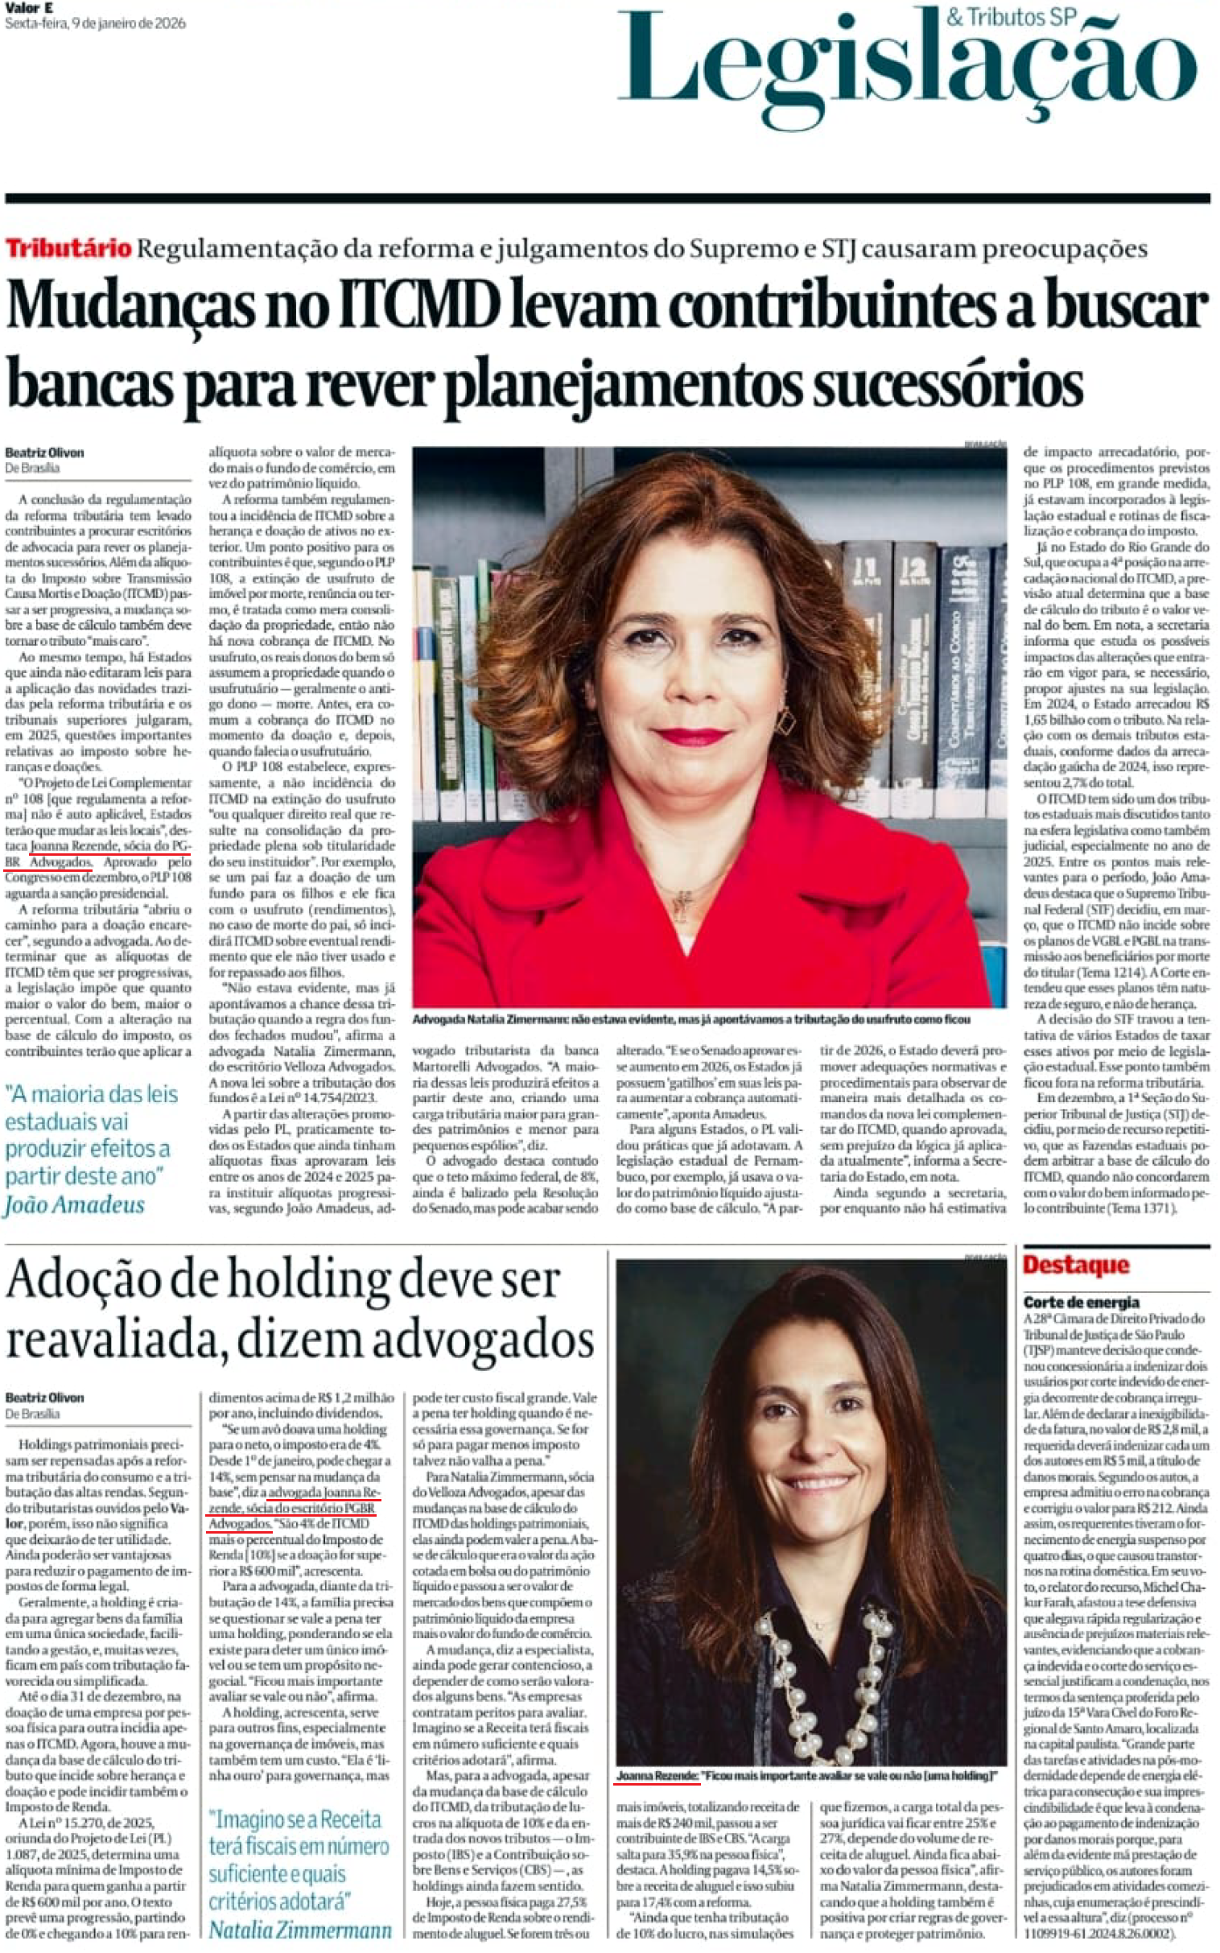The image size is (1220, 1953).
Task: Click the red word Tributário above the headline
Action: pos(68,248)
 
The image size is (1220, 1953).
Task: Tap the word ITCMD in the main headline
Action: pos(418,307)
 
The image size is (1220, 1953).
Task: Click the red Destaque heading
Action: pos(1076,1265)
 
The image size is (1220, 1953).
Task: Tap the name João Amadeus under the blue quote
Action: pos(74,1205)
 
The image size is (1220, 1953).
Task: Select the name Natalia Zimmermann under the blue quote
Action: pos(300,1930)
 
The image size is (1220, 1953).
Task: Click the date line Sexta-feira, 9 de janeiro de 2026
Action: pos(95,23)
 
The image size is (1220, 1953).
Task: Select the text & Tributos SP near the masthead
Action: pos(1011,16)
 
